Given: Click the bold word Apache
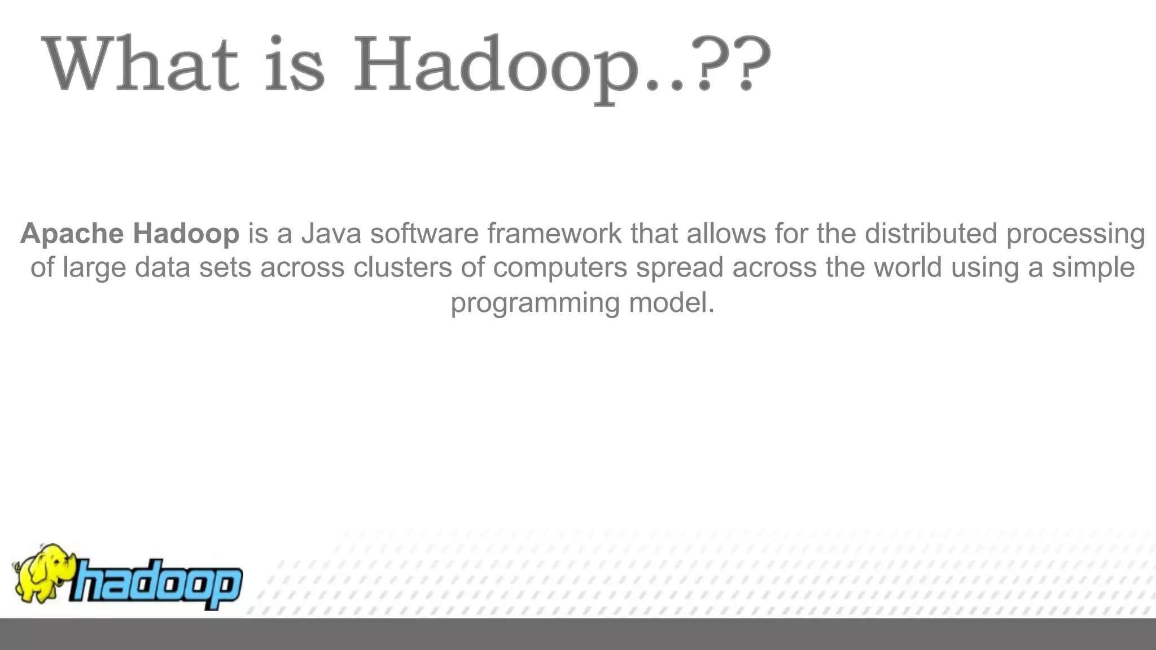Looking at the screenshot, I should [x=72, y=234].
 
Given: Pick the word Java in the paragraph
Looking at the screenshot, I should [x=331, y=234].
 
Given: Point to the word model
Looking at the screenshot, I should [x=672, y=303].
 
